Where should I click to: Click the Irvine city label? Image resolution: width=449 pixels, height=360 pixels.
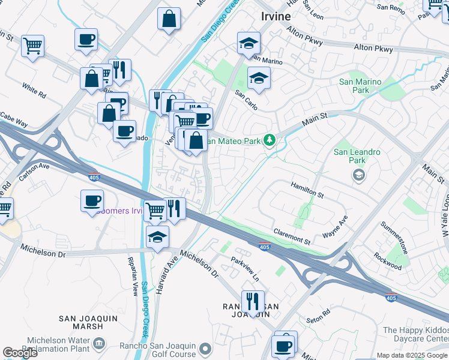(x=276, y=17)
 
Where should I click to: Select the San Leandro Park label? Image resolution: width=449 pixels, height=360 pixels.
(x=357, y=157)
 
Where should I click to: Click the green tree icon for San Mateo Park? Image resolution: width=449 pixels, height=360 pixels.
(x=270, y=140)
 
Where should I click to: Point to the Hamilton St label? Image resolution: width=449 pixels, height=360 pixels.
(x=307, y=190)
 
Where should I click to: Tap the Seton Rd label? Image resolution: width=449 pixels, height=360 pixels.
(x=318, y=314)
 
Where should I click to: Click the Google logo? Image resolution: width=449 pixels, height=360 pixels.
(x=20, y=352)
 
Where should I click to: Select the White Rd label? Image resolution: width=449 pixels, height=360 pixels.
(x=34, y=91)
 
